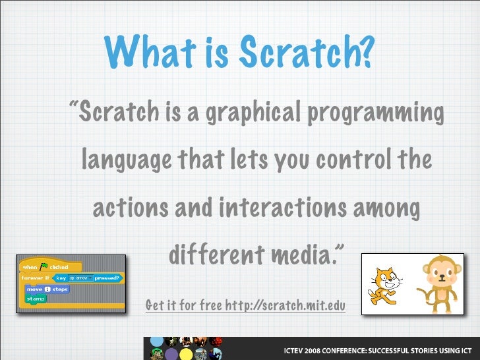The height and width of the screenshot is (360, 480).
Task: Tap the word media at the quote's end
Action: [310, 254]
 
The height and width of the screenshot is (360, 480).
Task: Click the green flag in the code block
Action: [44, 266]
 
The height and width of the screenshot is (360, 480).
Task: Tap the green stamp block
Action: [35, 299]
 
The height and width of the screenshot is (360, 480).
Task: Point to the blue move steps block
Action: [46, 289]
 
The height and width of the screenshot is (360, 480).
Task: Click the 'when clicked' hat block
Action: [49, 267]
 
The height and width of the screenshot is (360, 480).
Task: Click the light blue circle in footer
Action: [156, 342]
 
